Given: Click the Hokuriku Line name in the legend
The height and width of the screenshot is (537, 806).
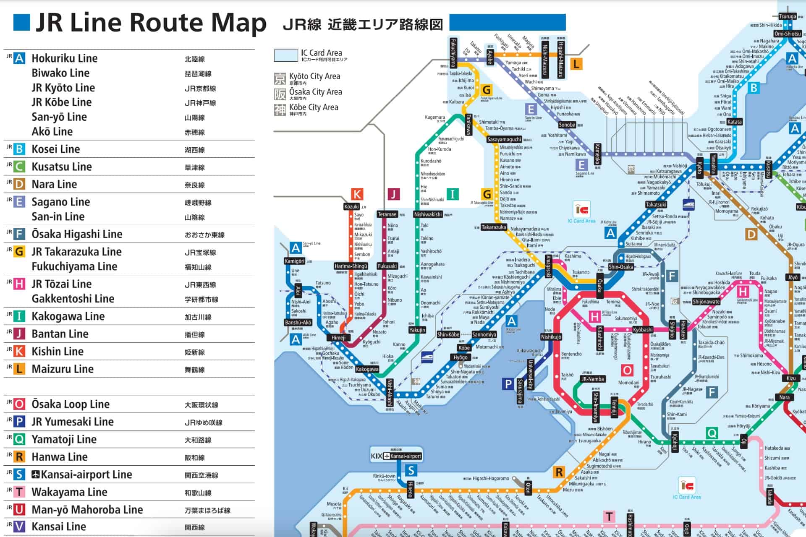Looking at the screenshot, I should tap(64, 58).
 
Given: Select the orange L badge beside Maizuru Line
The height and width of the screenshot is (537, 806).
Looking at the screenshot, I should tap(19, 369).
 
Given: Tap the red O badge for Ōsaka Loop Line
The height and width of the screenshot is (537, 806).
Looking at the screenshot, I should tap(19, 404).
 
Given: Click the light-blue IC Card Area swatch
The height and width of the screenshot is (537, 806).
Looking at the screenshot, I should tap(285, 55).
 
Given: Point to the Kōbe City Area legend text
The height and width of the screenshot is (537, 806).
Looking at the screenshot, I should tap(313, 107).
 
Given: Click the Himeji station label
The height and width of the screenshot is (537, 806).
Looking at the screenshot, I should tap(338, 338).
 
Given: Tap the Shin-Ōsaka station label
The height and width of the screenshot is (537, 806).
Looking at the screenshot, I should tap(621, 267).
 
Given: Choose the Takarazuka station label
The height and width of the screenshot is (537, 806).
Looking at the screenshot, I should tap(494, 227).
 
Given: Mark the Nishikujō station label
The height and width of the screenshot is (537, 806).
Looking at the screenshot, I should tap(551, 337).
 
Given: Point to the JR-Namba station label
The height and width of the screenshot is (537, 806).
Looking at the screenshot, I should tap(593, 379).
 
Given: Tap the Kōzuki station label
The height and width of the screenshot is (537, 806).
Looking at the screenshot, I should tap(351, 206).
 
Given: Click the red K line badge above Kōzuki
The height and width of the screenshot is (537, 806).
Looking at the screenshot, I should tap(357, 194).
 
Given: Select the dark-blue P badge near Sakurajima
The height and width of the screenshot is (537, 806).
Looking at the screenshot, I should tap(508, 384).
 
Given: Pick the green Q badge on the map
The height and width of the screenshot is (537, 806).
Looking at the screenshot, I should tap(712, 433).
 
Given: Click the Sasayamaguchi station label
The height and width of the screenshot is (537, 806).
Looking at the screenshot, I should tap(504, 139).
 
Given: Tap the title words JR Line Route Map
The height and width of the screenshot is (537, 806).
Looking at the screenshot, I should tap(151, 23).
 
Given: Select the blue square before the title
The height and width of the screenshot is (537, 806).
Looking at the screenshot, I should tap(22, 23).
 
